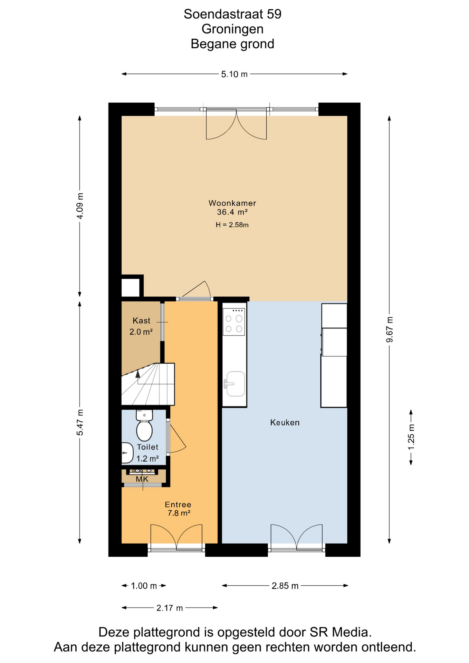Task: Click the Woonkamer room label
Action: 232,203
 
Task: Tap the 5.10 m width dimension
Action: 234,74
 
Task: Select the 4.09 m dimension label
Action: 80,206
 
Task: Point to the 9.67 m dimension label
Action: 390,329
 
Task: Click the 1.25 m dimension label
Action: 411,437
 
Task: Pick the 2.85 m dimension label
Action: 285,586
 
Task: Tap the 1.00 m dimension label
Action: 144,586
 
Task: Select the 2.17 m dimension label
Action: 169,608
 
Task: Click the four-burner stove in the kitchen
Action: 234,322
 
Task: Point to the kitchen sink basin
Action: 236,384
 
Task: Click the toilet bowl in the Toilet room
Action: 144,430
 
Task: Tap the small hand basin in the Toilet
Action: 127,453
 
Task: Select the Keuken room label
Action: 285,422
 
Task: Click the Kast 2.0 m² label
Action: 141,326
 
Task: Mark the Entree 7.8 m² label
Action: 178,509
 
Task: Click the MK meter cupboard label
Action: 142,479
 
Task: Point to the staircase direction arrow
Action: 138,374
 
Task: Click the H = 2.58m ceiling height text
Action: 232,225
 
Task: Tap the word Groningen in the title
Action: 232,29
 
